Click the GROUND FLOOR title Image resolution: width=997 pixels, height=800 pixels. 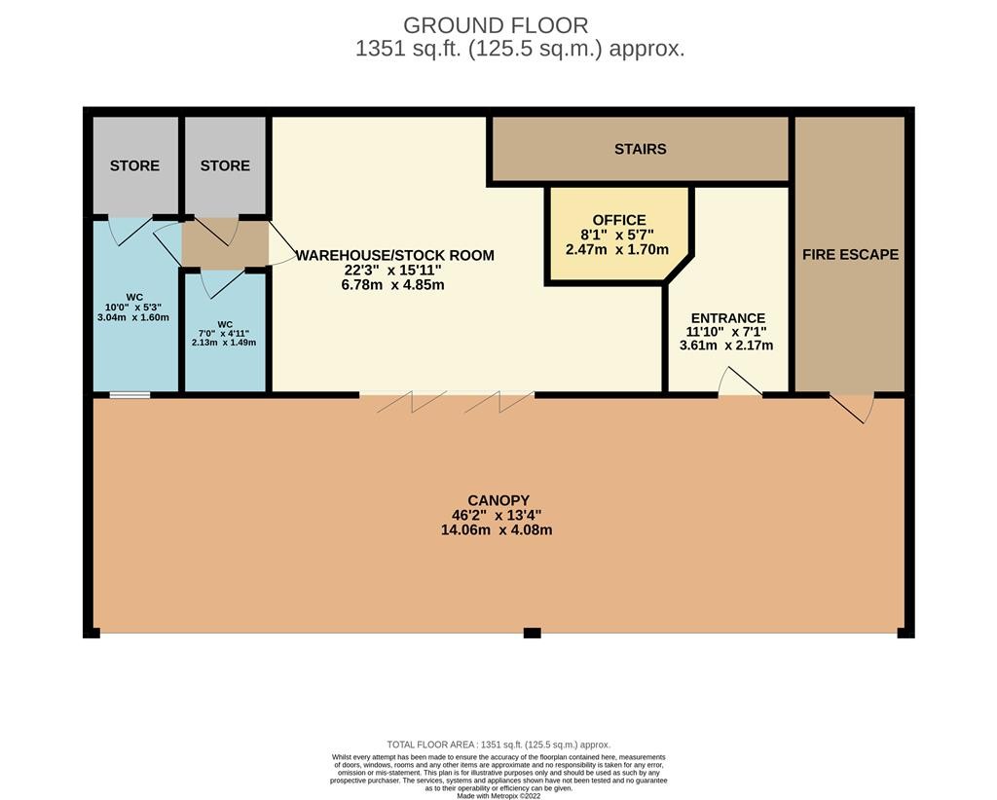496,25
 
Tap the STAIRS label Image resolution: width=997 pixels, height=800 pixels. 641,149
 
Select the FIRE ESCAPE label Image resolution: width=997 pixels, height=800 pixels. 850,254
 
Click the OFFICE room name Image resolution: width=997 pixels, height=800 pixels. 618,220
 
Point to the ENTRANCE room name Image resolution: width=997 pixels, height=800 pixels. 728,317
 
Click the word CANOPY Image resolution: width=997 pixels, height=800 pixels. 498,500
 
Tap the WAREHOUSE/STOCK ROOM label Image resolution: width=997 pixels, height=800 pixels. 395,255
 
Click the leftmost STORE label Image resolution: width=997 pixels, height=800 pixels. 134,165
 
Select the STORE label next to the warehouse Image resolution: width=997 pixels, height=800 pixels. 225,165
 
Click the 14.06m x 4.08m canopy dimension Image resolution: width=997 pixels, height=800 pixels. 497,530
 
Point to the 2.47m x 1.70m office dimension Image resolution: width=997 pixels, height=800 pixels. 616,249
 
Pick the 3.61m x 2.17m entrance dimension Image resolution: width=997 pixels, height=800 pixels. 726,345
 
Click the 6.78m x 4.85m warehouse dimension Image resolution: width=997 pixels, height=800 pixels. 393,284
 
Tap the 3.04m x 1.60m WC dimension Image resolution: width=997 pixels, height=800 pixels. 133,317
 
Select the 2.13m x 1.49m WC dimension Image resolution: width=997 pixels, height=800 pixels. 224,343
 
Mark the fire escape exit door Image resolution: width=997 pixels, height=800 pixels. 852,408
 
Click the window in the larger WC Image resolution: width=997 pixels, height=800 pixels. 129,395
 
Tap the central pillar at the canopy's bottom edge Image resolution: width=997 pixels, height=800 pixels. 533,633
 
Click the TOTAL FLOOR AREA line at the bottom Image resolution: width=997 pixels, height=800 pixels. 498,745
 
